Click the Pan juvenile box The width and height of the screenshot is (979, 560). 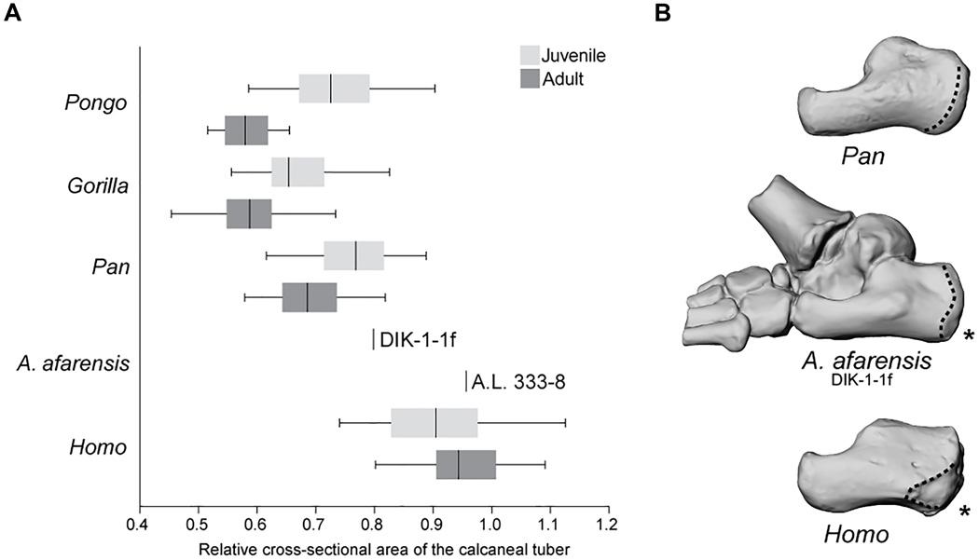354,255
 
